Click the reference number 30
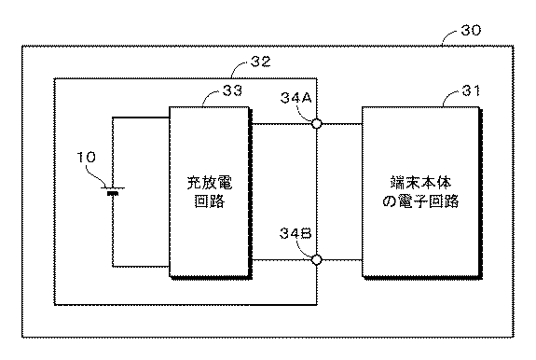(472, 32)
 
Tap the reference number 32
(262, 62)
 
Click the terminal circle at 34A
(317, 123)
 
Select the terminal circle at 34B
(317, 259)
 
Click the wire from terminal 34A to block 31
(341, 123)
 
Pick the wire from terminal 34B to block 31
(341, 259)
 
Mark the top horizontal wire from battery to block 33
(140, 118)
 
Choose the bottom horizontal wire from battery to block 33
(140, 264)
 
